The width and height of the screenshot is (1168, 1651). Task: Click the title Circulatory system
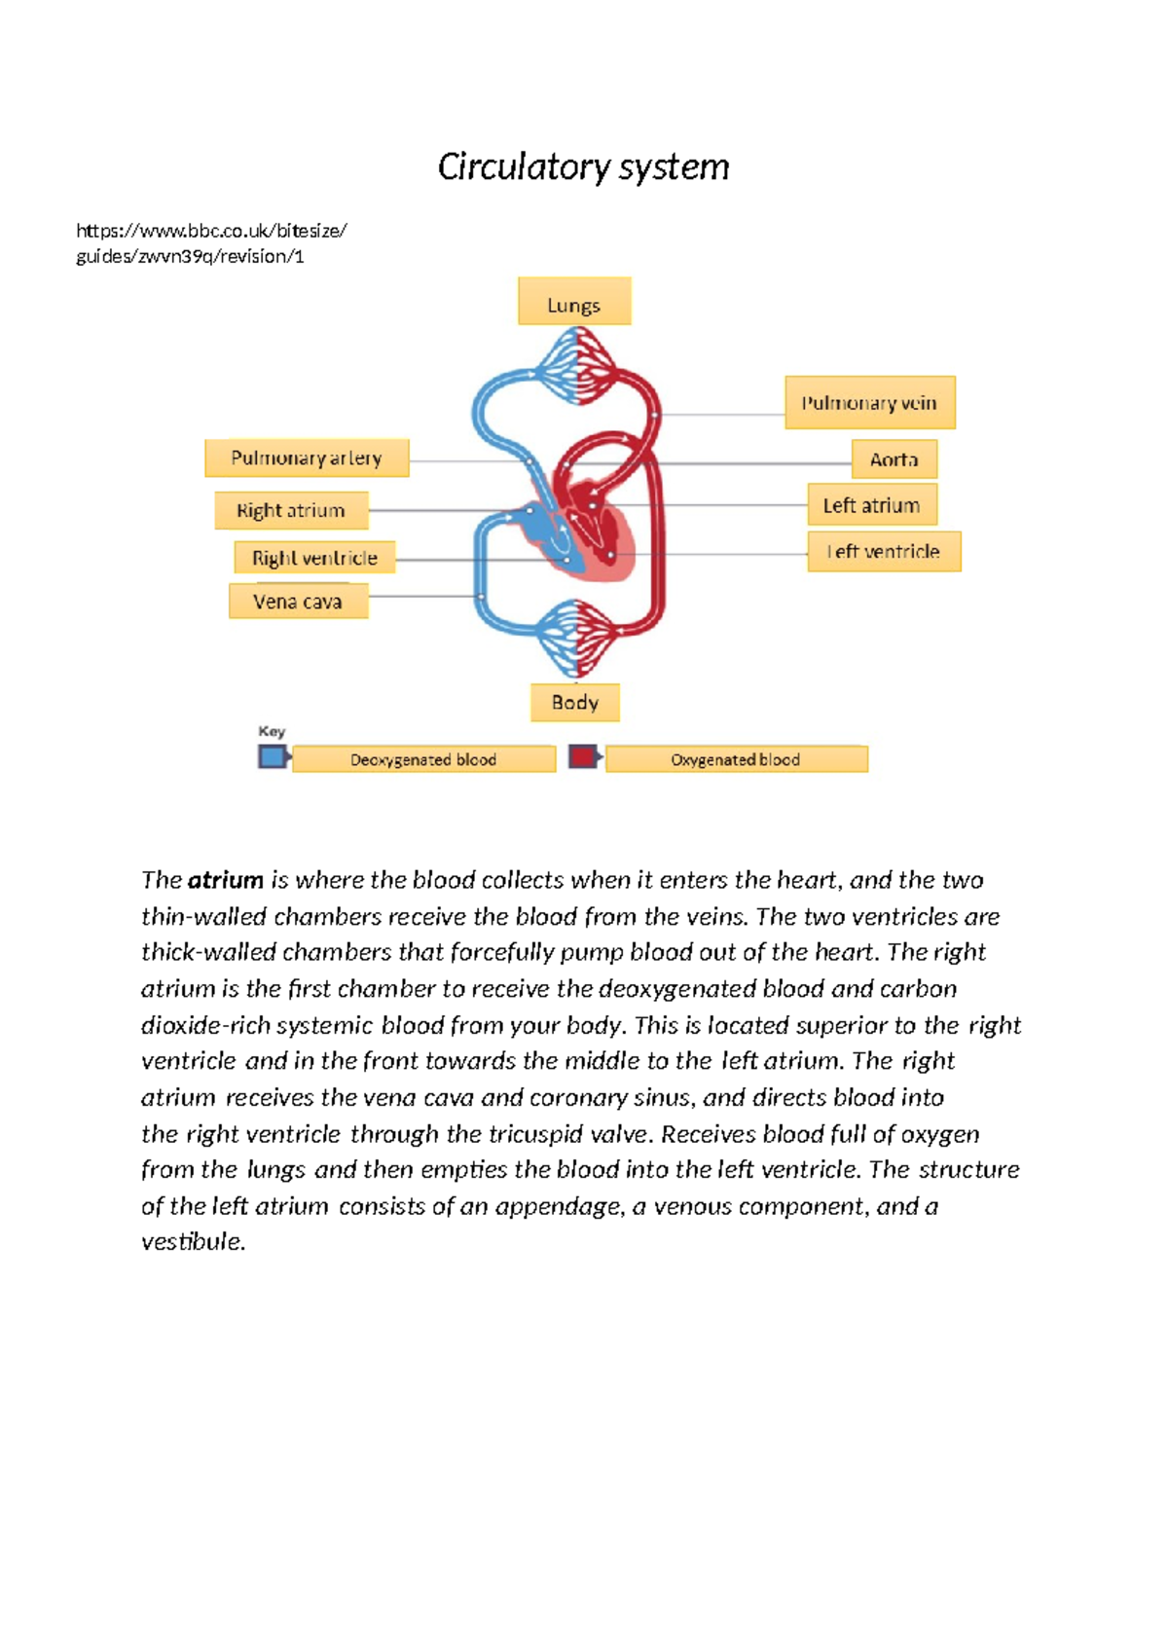[x=583, y=166]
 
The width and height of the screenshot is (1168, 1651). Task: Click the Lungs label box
[x=574, y=302]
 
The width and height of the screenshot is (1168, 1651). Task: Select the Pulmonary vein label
[x=870, y=403]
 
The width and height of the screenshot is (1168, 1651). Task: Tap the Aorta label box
[x=894, y=459]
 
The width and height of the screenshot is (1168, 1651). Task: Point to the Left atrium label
[x=872, y=505]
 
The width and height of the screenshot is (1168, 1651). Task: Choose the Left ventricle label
[x=884, y=552]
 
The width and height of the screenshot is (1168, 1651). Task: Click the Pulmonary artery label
[x=307, y=458]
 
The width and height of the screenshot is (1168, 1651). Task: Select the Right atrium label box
[x=291, y=510]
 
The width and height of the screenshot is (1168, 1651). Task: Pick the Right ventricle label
[x=314, y=558]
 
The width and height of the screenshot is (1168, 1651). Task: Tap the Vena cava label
[x=298, y=602]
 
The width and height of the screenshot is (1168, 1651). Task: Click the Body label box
[x=574, y=702]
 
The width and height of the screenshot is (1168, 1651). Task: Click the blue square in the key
[x=272, y=756]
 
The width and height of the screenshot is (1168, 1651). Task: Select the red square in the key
[x=582, y=756]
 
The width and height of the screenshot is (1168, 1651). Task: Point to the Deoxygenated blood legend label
[x=423, y=759]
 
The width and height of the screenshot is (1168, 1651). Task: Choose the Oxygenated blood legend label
[x=736, y=759]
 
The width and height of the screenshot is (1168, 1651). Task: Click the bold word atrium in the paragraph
[x=226, y=880]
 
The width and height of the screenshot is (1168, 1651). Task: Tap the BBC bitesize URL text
[x=211, y=243]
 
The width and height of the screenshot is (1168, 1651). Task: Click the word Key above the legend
[x=272, y=731]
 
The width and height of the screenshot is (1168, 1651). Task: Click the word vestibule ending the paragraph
[x=192, y=1242]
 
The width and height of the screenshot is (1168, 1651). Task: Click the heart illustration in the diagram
[x=594, y=531]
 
